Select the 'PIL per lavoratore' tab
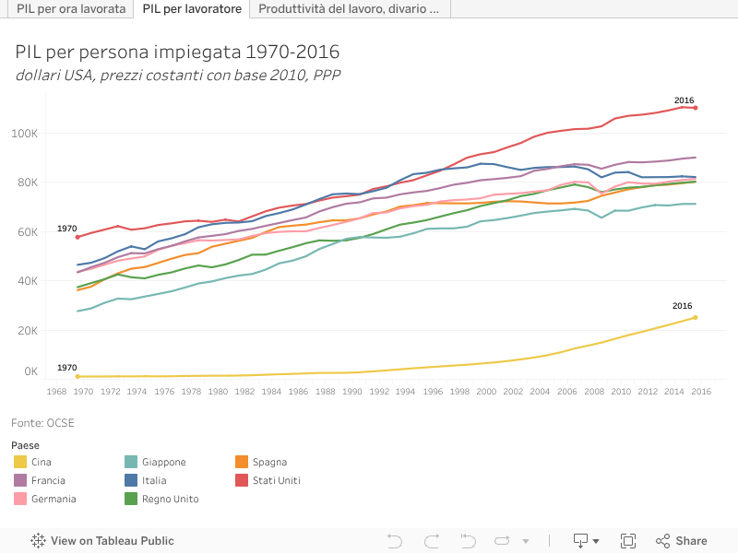coord(193,9)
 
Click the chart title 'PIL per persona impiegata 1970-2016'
coord(177,51)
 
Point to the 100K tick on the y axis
coord(24,134)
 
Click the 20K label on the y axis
coord(27,330)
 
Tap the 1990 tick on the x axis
coord(352,391)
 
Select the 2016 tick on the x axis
coord(702,391)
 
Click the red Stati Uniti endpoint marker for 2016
coord(696,108)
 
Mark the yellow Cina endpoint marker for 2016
coord(696,317)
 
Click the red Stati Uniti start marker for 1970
coord(77,237)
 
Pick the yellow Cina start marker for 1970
coord(77,376)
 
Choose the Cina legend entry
coord(41,462)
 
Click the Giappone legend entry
coord(163,462)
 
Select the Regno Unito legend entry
coord(170,499)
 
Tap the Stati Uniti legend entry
coord(276,480)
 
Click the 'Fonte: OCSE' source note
coord(42,423)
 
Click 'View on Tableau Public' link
coord(103,541)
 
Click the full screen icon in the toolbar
coord(628,541)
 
